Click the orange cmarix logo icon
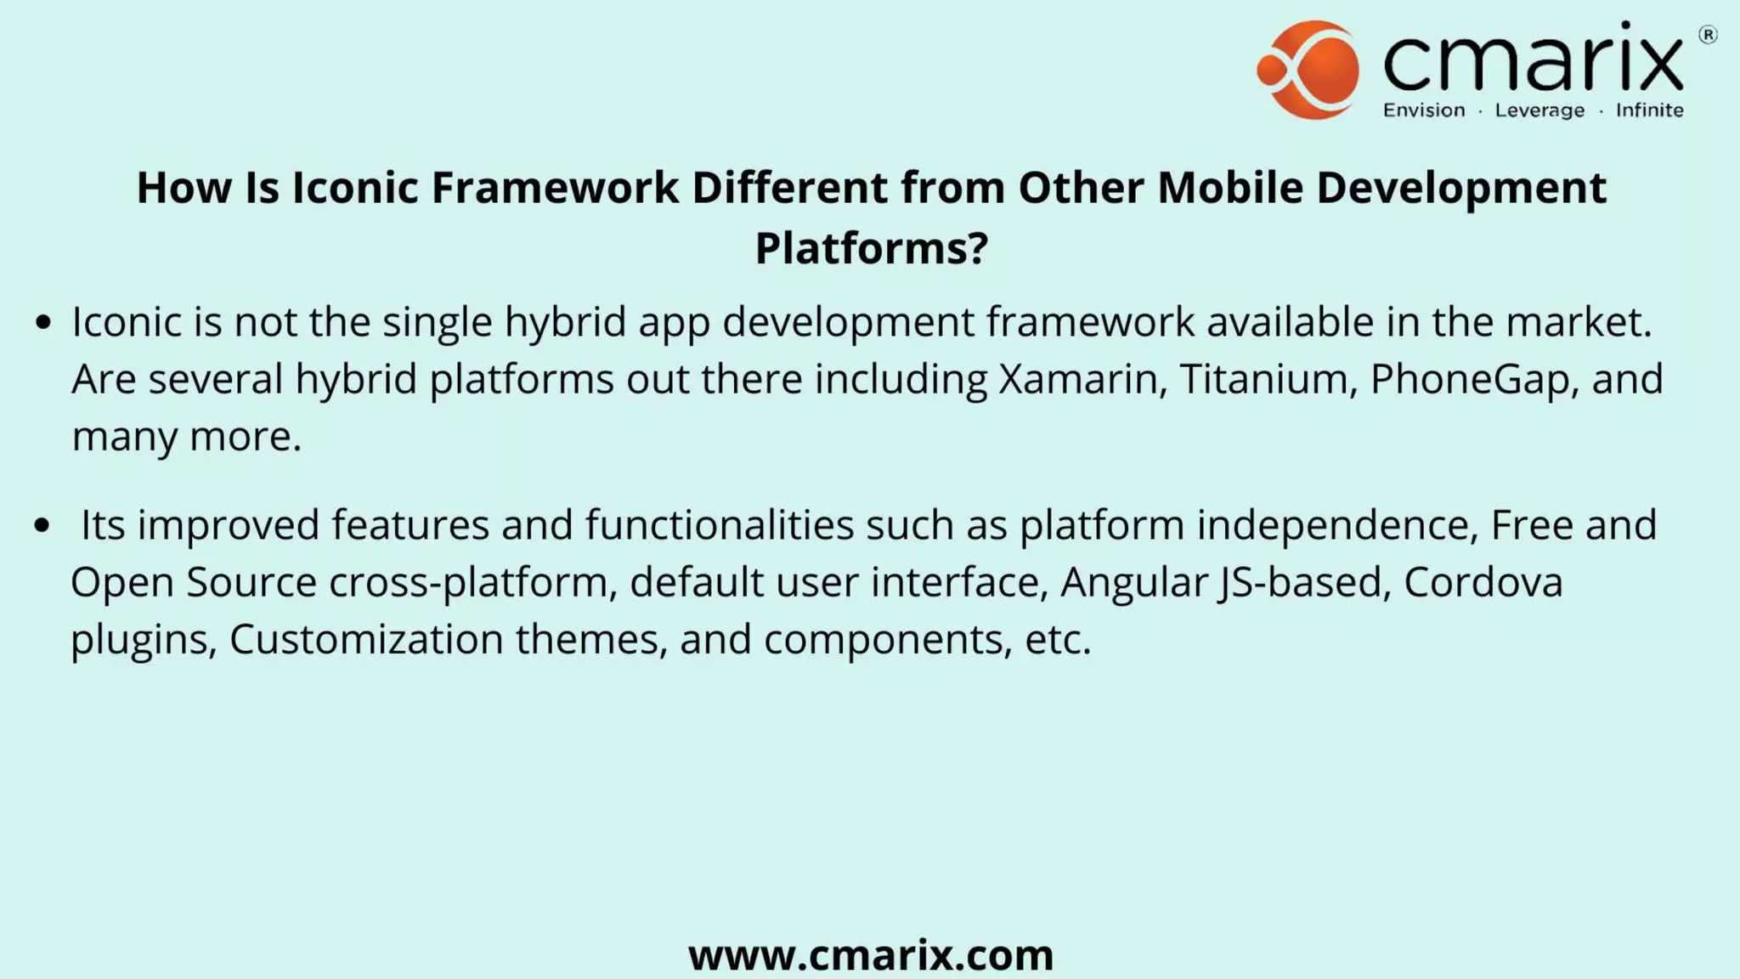(x=1309, y=70)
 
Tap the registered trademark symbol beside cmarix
(x=1708, y=35)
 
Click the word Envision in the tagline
(x=1424, y=110)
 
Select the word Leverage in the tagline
(x=1539, y=110)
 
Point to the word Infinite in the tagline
(x=1649, y=110)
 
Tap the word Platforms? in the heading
(x=871, y=248)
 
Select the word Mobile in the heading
(x=1229, y=188)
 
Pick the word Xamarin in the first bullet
(x=1078, y=379)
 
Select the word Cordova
(x=1483, y=583)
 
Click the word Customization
(x=366, y=639)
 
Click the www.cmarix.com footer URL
(x=871, y=954)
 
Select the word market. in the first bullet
(x=1579, y=322)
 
